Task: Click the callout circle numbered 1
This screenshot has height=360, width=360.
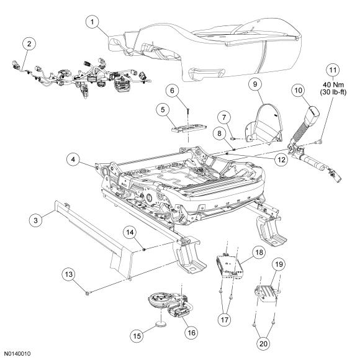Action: tap(92, 22)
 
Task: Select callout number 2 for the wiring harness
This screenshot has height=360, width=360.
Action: tap(29, 43)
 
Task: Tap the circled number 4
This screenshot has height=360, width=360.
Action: tap(73, 160)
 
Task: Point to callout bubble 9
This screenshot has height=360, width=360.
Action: tap(256, 84)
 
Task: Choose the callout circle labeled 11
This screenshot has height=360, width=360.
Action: tap(333, 70)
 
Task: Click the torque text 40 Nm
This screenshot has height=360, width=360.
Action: tap(333, 84)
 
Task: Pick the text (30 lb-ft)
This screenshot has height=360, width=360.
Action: tap(333, 92)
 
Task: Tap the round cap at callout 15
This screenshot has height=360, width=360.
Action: tap(161, 324)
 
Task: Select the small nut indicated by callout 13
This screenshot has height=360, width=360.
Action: tap(88, 294)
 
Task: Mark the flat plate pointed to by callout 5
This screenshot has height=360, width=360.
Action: tap(189, 128)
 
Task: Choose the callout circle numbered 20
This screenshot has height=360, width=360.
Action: tap(264, 344)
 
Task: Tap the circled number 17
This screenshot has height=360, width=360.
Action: tap(225, 320)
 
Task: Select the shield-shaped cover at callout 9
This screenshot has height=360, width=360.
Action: tap(264, 123)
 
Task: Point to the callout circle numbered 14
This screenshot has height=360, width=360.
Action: tap(130, 232)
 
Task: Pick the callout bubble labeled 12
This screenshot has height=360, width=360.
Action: tap(281, 160)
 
